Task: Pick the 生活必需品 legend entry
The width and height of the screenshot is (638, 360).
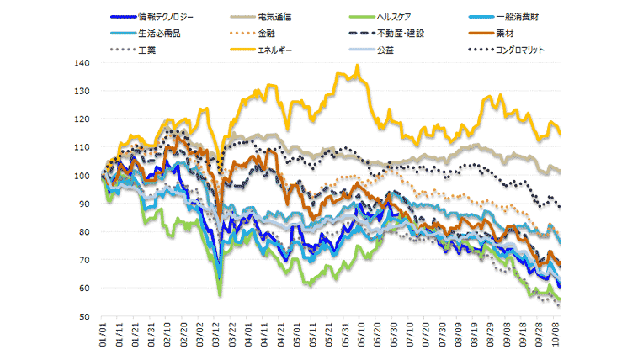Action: coord(158,34)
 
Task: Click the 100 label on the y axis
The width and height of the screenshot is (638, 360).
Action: coord(82,176)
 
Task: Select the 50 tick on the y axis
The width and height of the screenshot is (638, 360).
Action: coord(84,317)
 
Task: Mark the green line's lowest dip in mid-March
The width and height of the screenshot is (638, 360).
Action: coord(220,294)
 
